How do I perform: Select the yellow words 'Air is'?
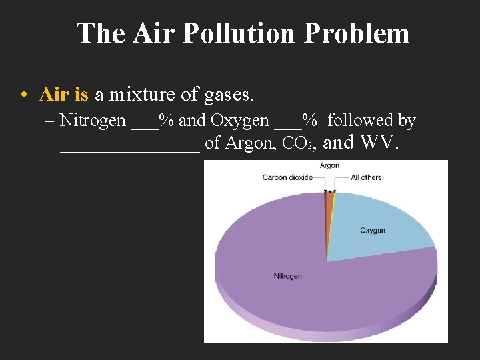64,95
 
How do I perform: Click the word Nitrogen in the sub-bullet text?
92,121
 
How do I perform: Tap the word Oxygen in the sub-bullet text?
240,121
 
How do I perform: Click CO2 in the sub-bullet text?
295,143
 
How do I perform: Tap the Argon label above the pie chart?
329,165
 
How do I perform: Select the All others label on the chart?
366,177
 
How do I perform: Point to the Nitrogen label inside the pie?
287,276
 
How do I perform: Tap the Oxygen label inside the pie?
373,231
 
